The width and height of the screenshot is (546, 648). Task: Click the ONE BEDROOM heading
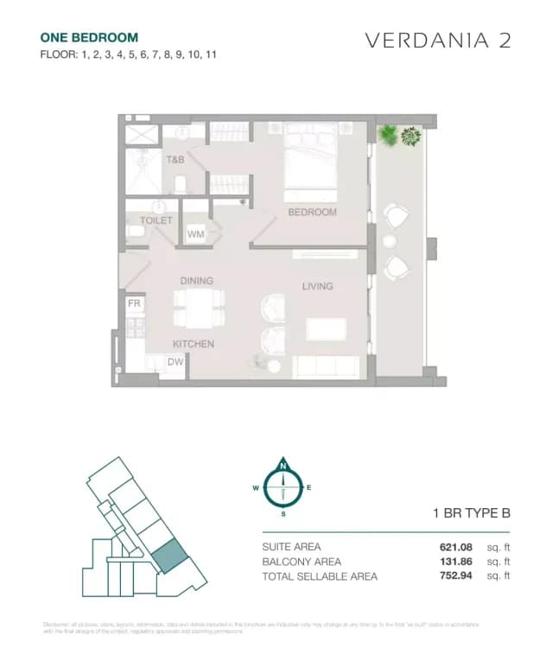[x=89, y=37]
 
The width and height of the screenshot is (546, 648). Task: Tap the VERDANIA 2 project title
[x=438, y=41]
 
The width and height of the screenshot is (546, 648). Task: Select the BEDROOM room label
[x=312, y=212]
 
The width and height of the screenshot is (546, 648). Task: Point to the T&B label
[x=175, y=160]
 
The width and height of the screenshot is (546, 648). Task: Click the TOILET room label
[x=156, y=220]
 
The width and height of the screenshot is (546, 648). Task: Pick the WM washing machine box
[x=195, y=234]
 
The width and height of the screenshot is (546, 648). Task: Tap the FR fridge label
[x=134, y=304]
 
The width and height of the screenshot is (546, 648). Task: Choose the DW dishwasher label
[x=175, y=363]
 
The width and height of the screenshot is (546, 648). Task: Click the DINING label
[x=196, y=281]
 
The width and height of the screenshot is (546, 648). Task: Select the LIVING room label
[x=317, y=286]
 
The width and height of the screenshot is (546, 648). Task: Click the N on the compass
[x=283, y=467]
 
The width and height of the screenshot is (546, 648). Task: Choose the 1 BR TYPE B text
[x=472, y=513]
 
